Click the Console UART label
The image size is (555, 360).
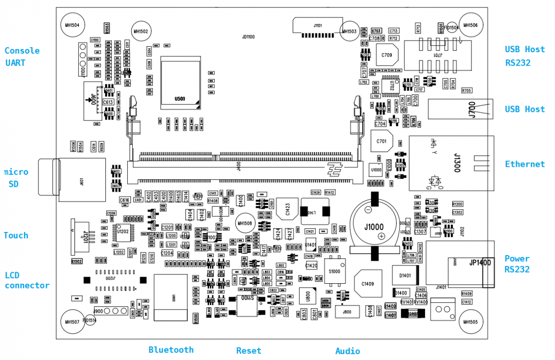[22, 57]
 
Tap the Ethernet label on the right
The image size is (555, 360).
[524, 164]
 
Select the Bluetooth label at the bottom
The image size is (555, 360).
[171, 350]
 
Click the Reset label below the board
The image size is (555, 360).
[249, 351]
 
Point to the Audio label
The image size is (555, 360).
[347, 351]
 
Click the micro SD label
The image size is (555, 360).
[17, 178]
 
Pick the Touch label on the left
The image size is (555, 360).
[16, 236]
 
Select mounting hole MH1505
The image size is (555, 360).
[470, 322]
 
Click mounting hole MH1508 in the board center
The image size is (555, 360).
[245, 224]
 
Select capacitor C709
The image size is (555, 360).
[387, 56]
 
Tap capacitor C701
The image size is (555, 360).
[382, 141]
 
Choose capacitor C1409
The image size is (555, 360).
[368, 284]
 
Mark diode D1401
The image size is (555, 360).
[405, 275]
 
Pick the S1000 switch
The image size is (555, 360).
[334, 272]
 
